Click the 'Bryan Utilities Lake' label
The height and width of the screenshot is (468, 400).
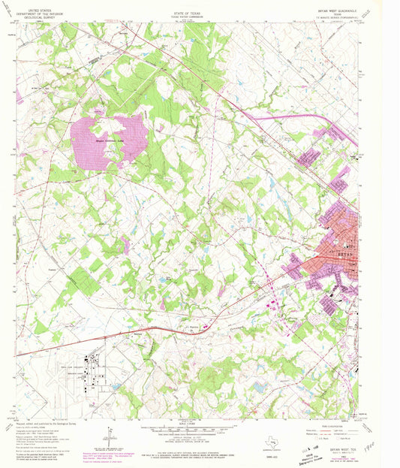click(110, 139)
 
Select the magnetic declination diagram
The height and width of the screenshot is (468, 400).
click(110, 433)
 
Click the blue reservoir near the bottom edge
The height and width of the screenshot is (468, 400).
click(260, 387)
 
